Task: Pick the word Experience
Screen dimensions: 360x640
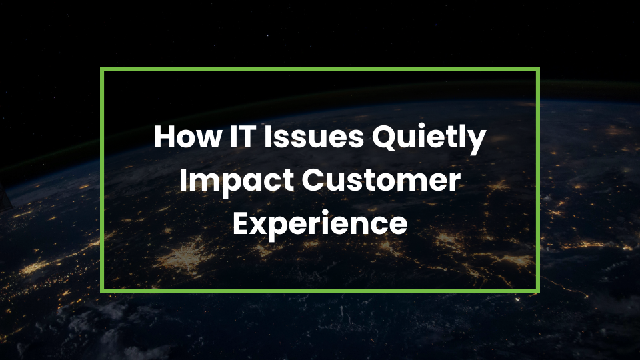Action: [319, 225]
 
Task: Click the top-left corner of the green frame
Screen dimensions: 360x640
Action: [102, 69]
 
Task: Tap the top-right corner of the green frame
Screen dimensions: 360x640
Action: [537, 69]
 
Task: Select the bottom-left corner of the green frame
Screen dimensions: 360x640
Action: [102, 291]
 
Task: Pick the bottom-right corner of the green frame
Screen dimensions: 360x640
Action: [537, 291]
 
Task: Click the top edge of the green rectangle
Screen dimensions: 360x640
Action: [320, 69]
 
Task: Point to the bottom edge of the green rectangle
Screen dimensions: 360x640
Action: [320, 291]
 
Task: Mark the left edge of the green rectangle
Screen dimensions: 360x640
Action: [102, 180]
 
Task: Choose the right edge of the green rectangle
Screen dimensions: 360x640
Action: [537, 180]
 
